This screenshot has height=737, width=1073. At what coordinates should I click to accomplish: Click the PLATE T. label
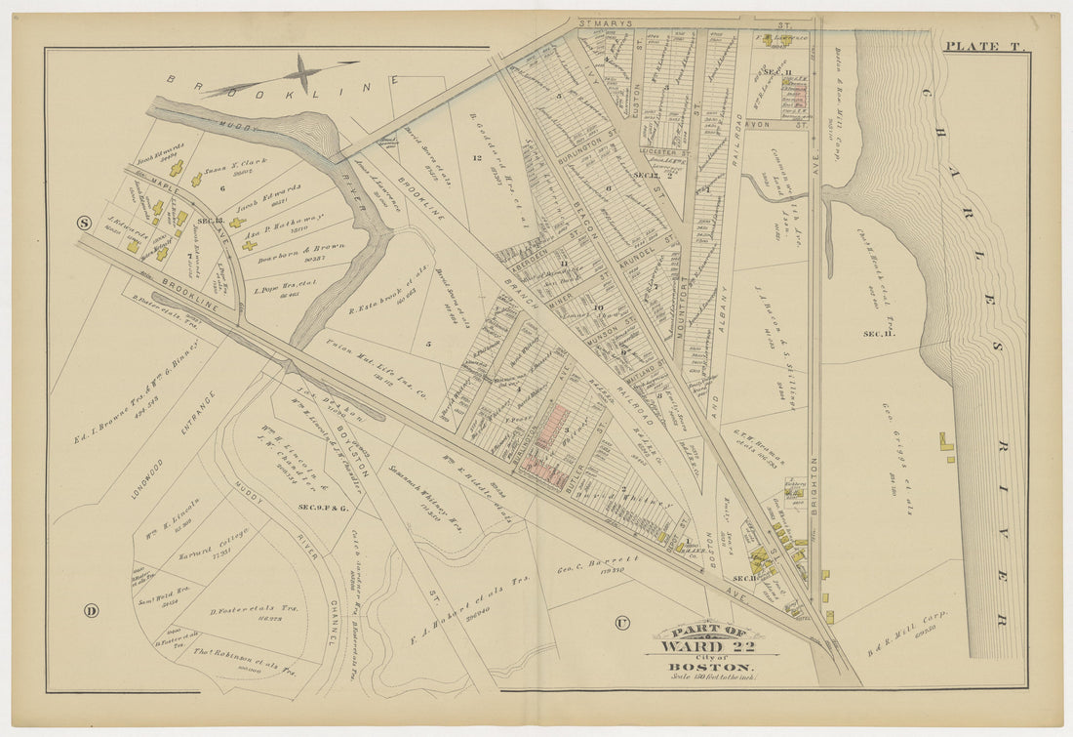[980, 45]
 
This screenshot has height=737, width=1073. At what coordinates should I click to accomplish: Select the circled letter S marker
[85, 223]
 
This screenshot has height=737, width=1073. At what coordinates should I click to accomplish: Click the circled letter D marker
[91, 611]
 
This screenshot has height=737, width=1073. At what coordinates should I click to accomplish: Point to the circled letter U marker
[620, 622]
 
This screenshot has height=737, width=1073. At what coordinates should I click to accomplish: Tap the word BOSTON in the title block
[711, 667]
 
